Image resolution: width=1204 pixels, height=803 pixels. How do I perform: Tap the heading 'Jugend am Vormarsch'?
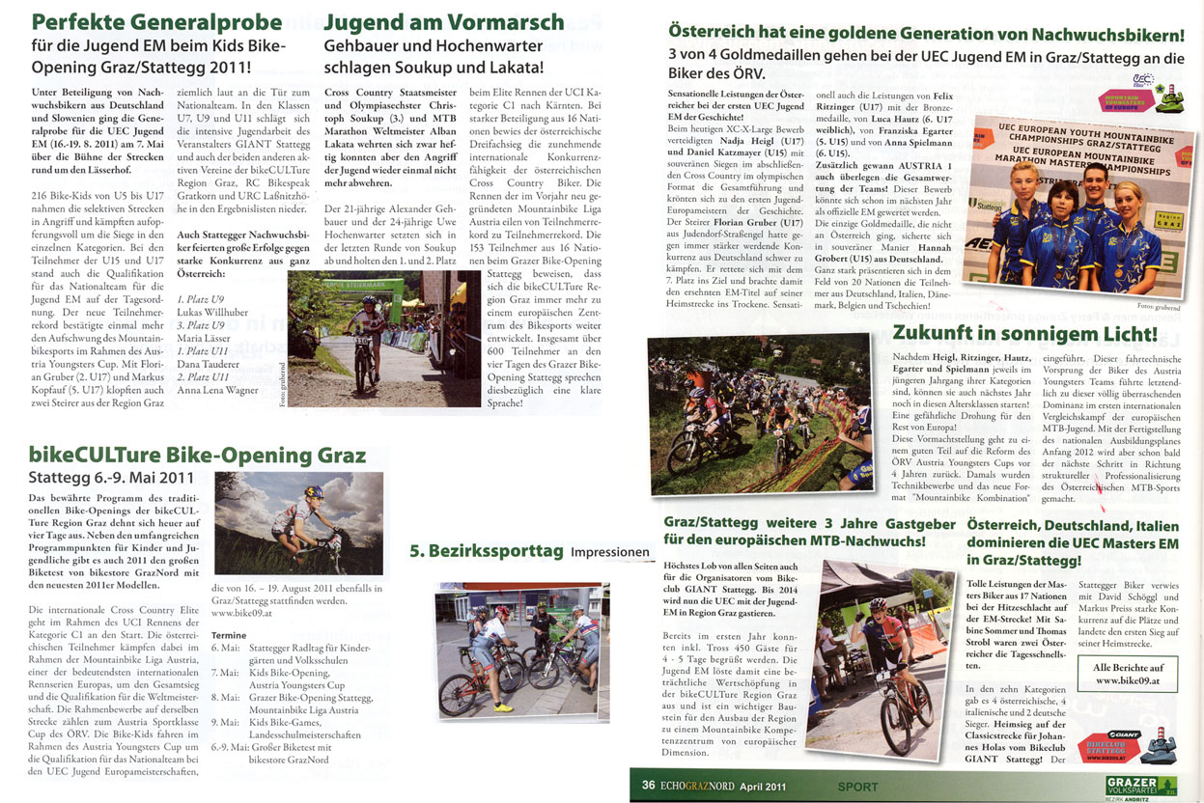[444, 21]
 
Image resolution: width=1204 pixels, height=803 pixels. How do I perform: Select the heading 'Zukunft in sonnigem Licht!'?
[1025, 334]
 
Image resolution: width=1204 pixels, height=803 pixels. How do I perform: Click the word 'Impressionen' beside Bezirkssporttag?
[611, 552]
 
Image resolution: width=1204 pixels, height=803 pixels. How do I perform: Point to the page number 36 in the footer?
[649, 786]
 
